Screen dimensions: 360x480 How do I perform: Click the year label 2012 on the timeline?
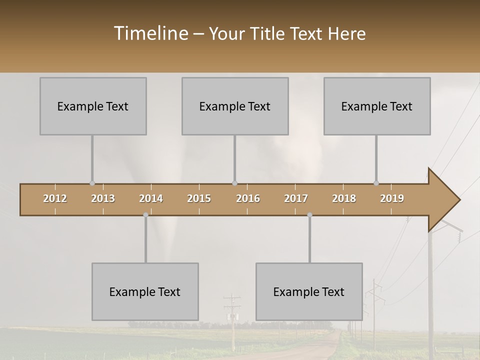(x=55, y=198)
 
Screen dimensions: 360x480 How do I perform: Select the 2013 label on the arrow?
(x=103, y=198)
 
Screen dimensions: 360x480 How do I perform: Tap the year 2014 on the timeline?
(x=151, y=198)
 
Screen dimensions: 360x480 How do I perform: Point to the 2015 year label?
(x=199, y=198)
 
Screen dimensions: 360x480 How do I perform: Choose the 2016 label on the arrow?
(x=248, y=198)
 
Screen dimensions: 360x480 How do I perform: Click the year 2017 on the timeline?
(x=296, y=198)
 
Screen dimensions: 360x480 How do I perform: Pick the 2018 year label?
(x=344, y=198)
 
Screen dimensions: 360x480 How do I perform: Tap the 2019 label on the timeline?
(x=392, y=198)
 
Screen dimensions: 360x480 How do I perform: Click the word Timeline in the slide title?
(x=150, y=33)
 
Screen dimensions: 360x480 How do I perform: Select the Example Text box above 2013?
(x=93, y=106)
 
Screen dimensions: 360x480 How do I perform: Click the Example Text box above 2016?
(x=235, y=106)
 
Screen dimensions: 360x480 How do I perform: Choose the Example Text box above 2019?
(x=377, y=106)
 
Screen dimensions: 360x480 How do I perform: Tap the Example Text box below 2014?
(x=145, y=291)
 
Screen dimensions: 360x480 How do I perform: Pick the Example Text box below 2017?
(x=309, y=291)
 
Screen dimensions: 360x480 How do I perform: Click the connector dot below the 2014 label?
(x=145, y=215)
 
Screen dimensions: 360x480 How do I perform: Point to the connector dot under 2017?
(x=309, y=215)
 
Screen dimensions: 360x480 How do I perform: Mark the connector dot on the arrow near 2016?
(x=234, y=183)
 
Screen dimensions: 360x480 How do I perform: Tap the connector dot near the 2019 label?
(x=376, y=183)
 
